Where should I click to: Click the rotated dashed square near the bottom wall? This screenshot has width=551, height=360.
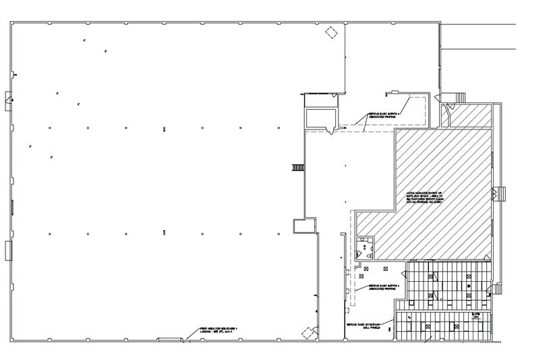coord(309,332)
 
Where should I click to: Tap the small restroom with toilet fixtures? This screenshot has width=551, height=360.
coord(366,247)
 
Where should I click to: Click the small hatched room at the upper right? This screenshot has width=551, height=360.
coord(471,115)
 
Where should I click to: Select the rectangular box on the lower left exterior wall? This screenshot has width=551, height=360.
coord(8,250)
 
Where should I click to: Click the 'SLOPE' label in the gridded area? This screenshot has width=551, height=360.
coord(475,316)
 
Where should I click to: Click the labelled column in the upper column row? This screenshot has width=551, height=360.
coord(165,128)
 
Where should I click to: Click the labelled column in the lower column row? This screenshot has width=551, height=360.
coord(165,233)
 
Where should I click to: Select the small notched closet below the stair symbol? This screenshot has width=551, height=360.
coord(304,226)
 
